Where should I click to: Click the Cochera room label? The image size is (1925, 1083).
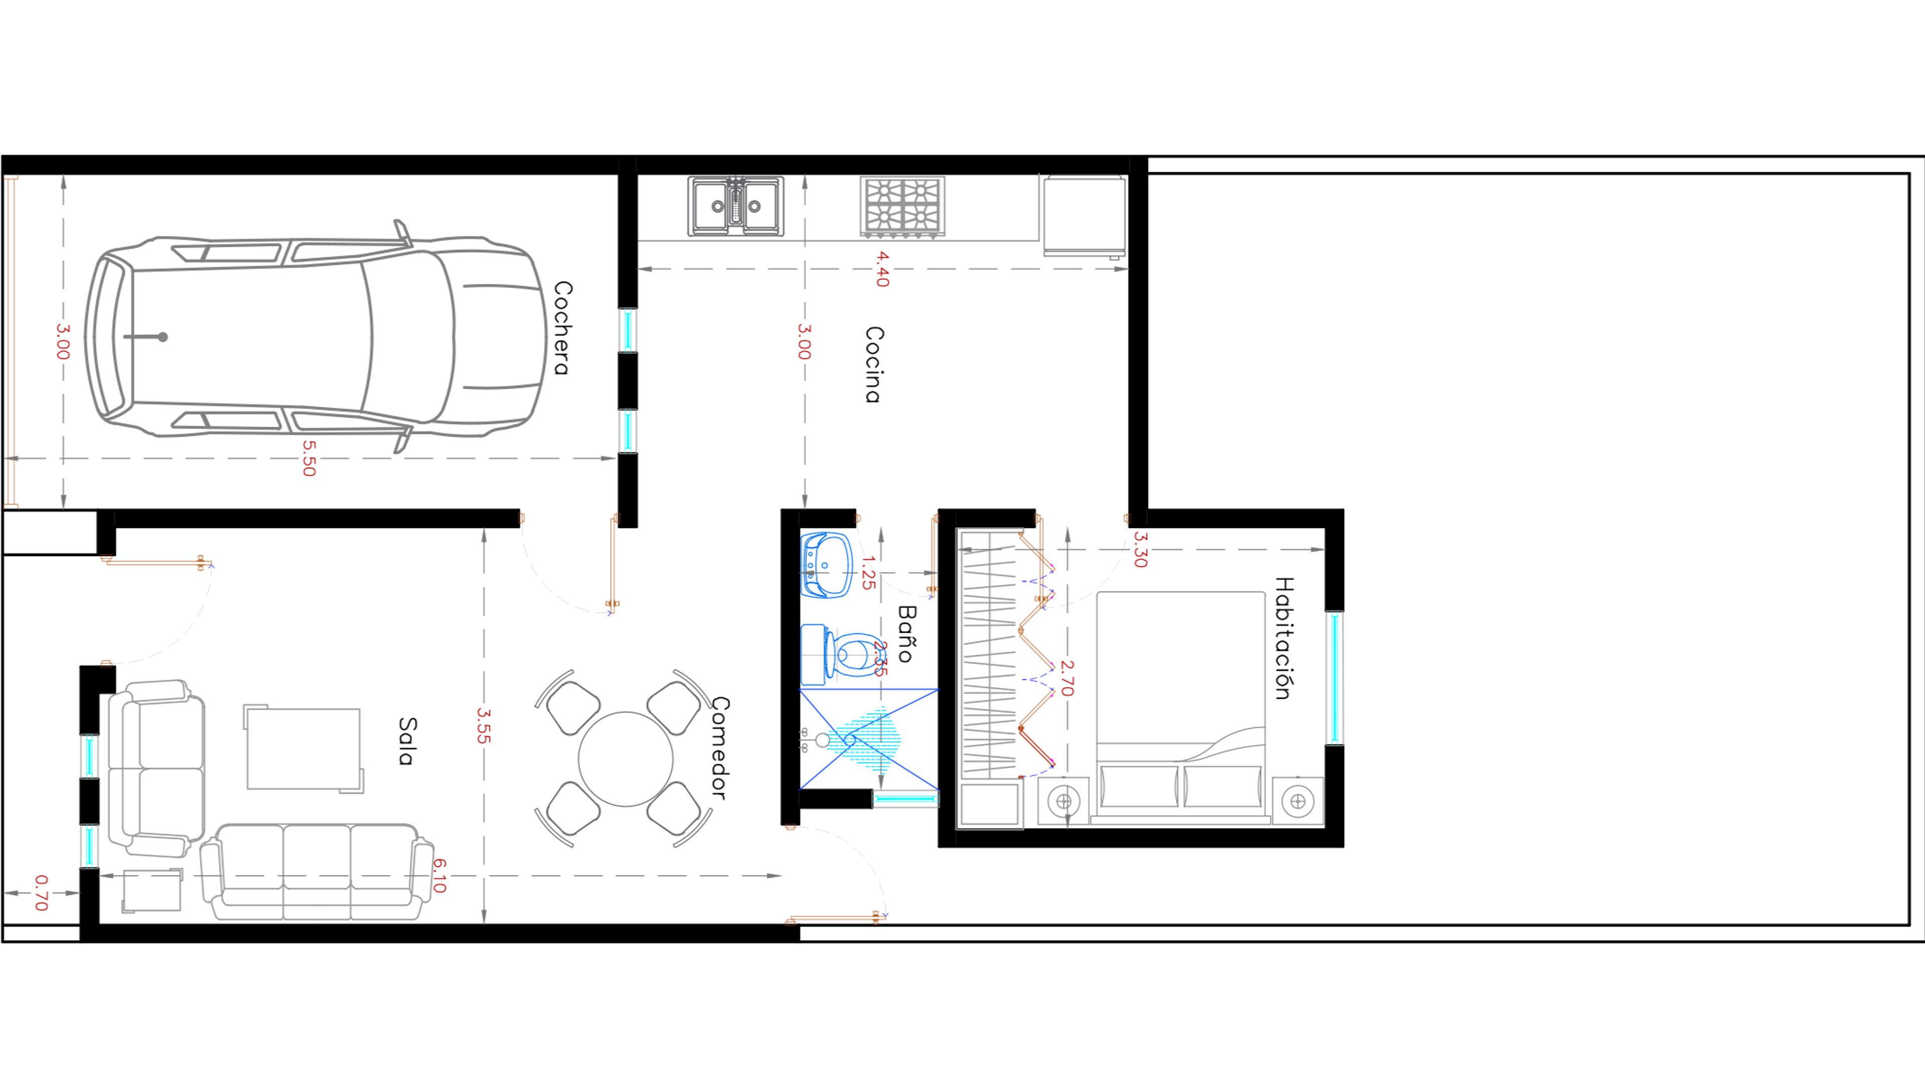point(562,327)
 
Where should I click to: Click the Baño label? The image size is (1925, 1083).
point(906,634)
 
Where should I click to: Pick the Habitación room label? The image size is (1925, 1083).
point(1283,638)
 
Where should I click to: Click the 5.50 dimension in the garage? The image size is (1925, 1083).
point(309,458)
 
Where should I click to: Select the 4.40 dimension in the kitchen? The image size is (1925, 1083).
point(882,269)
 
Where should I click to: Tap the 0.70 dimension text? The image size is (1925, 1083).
point(41,893)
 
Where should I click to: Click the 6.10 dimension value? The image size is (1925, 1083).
point(440,875)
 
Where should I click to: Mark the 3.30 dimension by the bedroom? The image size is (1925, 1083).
point(1140,550)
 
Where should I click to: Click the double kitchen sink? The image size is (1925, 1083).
point(736,206)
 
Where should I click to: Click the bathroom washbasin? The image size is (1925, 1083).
point(826,565)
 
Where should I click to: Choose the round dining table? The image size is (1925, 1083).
point(626,759)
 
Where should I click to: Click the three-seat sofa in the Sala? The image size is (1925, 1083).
point(317,872)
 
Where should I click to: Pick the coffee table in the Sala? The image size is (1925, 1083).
point(303,748)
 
